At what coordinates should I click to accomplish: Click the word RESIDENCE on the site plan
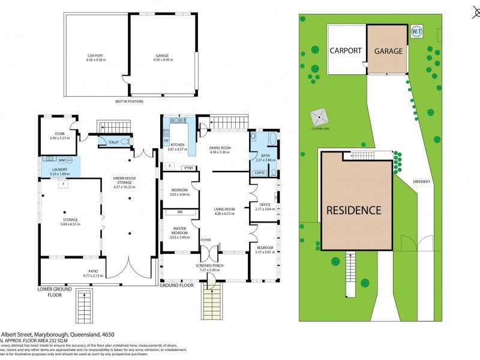[353, 210]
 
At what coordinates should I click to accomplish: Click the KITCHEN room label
[177, 145]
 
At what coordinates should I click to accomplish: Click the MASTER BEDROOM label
[179, 230]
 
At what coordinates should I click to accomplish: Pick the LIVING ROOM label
[224, 209]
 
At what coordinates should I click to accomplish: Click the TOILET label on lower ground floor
[112, 142]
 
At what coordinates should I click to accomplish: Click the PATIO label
[93, 272]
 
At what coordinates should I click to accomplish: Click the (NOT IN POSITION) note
[129, 101]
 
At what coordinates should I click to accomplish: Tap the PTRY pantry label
[188, 168]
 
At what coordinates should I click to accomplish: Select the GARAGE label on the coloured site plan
[388, 51]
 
